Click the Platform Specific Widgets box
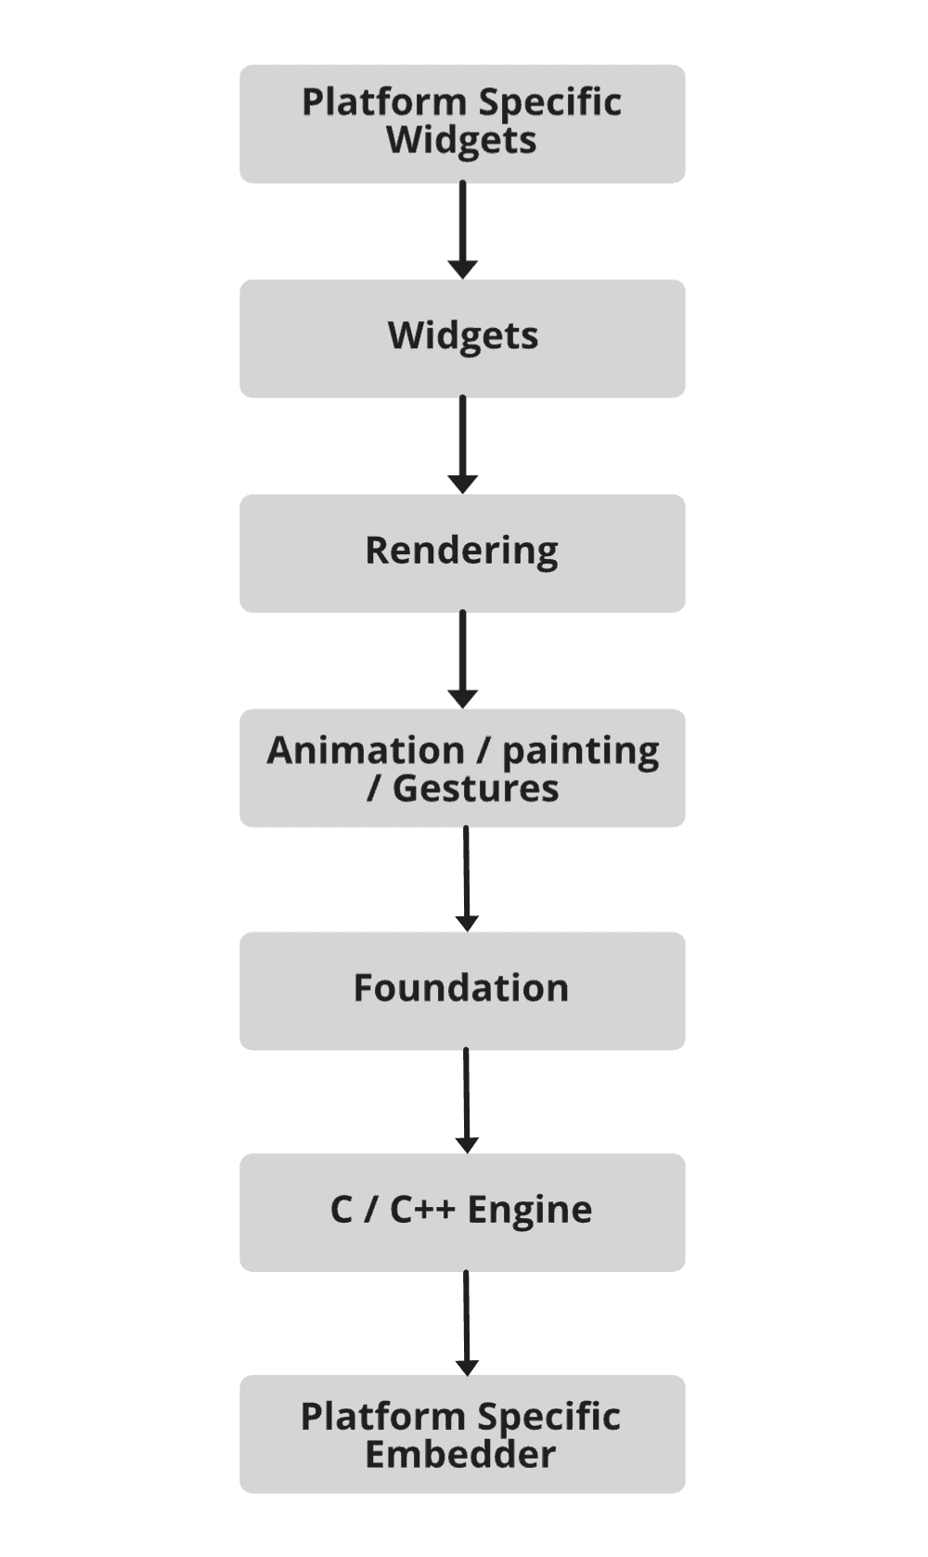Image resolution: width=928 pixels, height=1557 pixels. (462, 123)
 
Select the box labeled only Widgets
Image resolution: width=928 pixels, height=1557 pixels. (462, 338)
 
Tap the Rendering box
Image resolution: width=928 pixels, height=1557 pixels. (462, 552)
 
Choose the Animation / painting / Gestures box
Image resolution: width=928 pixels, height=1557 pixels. (462, 768)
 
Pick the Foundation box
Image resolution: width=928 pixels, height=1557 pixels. (462, 991)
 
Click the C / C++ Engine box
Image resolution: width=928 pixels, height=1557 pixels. (462, 1212)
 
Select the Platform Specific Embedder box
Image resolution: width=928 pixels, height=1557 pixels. (462, 1434)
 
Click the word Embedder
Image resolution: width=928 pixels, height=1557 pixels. (460, 1454)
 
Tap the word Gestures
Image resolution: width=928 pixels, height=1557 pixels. (475, 788)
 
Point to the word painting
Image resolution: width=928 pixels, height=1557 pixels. (581, 751)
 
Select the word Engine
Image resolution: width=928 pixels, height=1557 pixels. (529, 1210)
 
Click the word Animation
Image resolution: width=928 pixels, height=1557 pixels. (366, 750)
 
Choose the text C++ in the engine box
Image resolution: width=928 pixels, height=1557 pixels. (422, 1210)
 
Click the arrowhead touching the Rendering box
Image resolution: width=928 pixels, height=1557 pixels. (462, 485)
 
